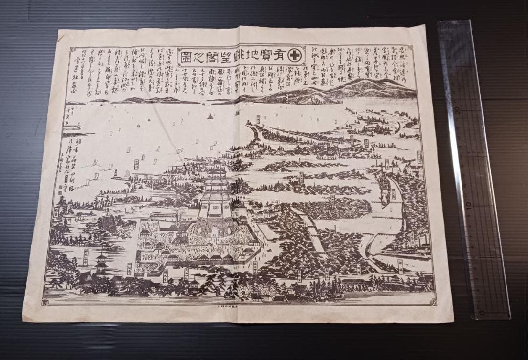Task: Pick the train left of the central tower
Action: pos(164,214)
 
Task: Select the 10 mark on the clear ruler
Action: pos(470,206)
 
